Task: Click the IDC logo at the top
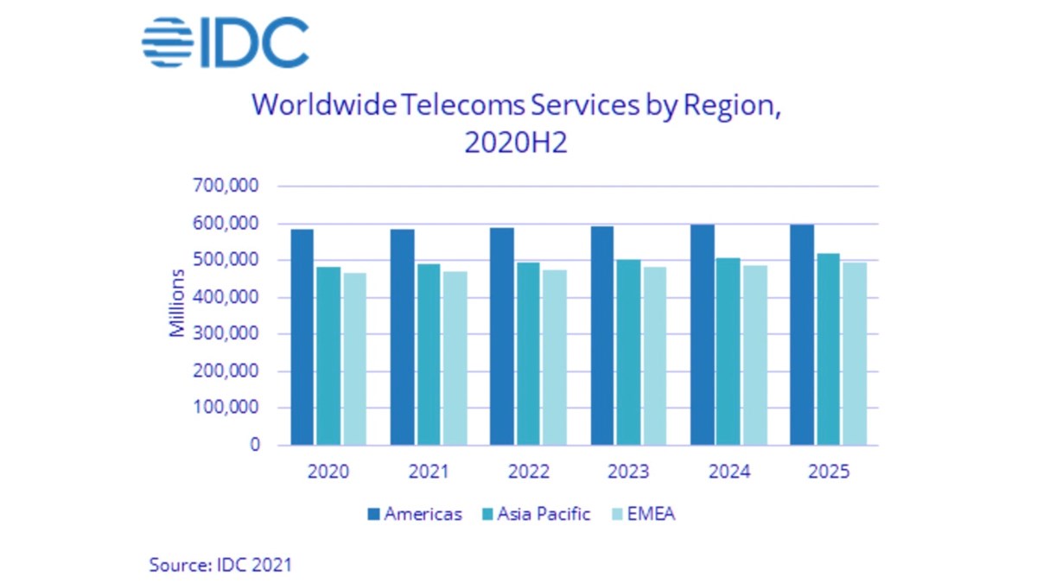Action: click(x=225, y=42)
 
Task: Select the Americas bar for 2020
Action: click(x=302, y=337)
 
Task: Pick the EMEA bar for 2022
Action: click(x=555, y=358)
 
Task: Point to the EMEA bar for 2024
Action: click(x=754, y=355)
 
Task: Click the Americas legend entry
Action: click(x=414, y=514)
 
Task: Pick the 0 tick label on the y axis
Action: click(x=255, y=446)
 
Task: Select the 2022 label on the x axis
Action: click(x=528, y=472)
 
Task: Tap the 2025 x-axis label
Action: click(x=828, y=472)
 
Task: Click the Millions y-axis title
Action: click(x=177, y=304)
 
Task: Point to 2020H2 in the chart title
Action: click(x=516, y=143)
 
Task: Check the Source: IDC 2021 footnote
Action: click(x=220, y=566)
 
